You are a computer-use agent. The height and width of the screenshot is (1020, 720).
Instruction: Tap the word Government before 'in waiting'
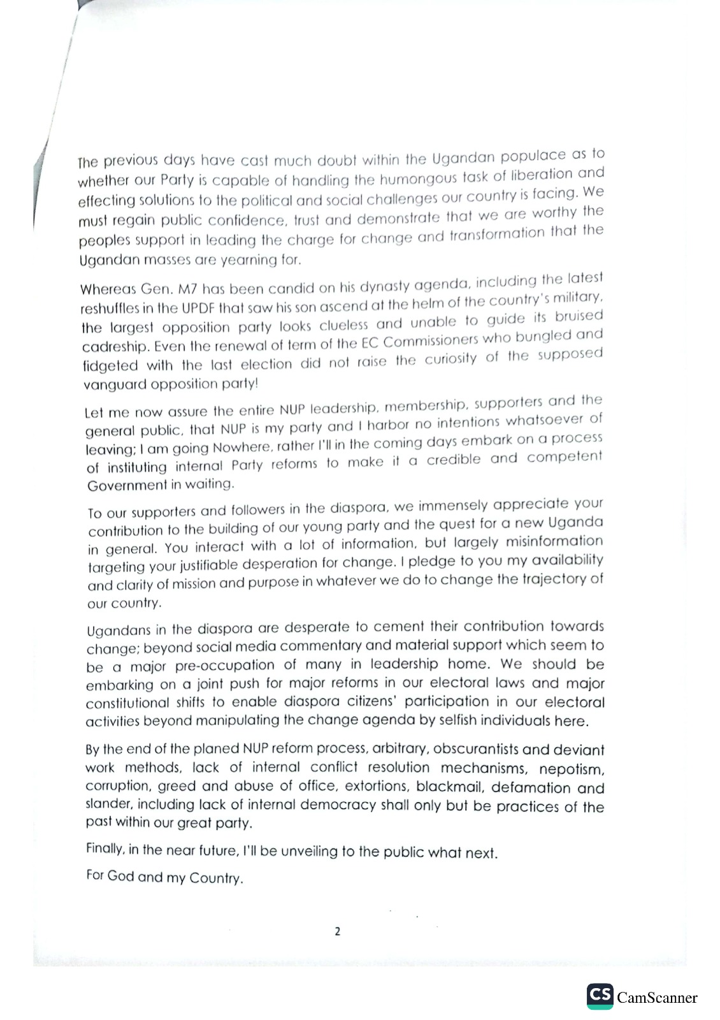[126, 486]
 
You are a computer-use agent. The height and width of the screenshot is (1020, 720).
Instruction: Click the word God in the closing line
[120, 876]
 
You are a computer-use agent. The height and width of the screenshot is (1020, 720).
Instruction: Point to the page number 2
[337, 931]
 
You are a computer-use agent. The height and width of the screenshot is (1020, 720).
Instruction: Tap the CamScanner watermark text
[657, 998]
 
